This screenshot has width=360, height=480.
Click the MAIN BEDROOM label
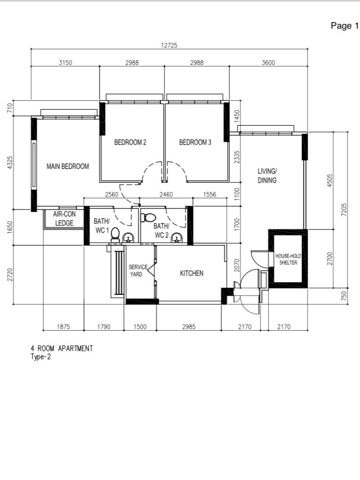click(x=67, y=166)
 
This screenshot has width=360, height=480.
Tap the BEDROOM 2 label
click(x=130, y=142)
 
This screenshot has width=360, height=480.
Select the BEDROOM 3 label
click(x=195, y=142)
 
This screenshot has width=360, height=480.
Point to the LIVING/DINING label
click(x=267, y=176)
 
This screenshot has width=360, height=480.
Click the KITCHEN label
click(x=191, y=273)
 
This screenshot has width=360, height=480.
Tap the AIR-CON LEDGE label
click(x=64, y=219)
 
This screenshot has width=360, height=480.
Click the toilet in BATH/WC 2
click(x=149, y=217)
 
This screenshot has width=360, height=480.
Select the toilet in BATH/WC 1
click(x=115, y=235)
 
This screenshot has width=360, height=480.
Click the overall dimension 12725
click(x=169, y=46)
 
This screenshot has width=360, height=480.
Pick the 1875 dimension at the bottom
click(x=63, y=326)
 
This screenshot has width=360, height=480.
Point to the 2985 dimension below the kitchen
click(x=188, y=326)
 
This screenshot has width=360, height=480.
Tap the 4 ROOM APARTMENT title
click(x=62, y=349)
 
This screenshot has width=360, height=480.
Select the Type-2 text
click(x=41, y=357)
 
